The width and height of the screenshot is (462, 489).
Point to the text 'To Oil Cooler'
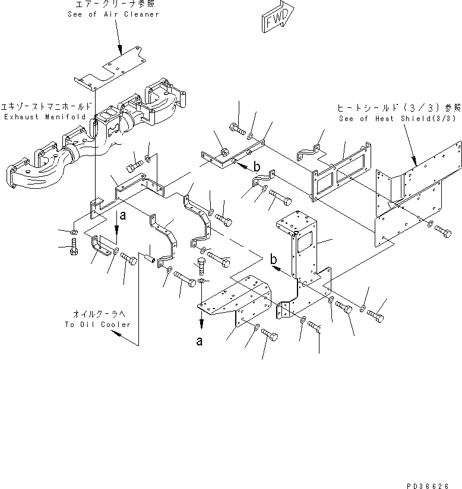pos(97,325)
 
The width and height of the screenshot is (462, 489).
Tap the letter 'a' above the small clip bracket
pos(123,217)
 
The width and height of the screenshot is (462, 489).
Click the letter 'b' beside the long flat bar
pos(257,167)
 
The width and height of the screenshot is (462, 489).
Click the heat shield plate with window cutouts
pos(337,172)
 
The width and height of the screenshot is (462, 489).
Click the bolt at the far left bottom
pos(72,249)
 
